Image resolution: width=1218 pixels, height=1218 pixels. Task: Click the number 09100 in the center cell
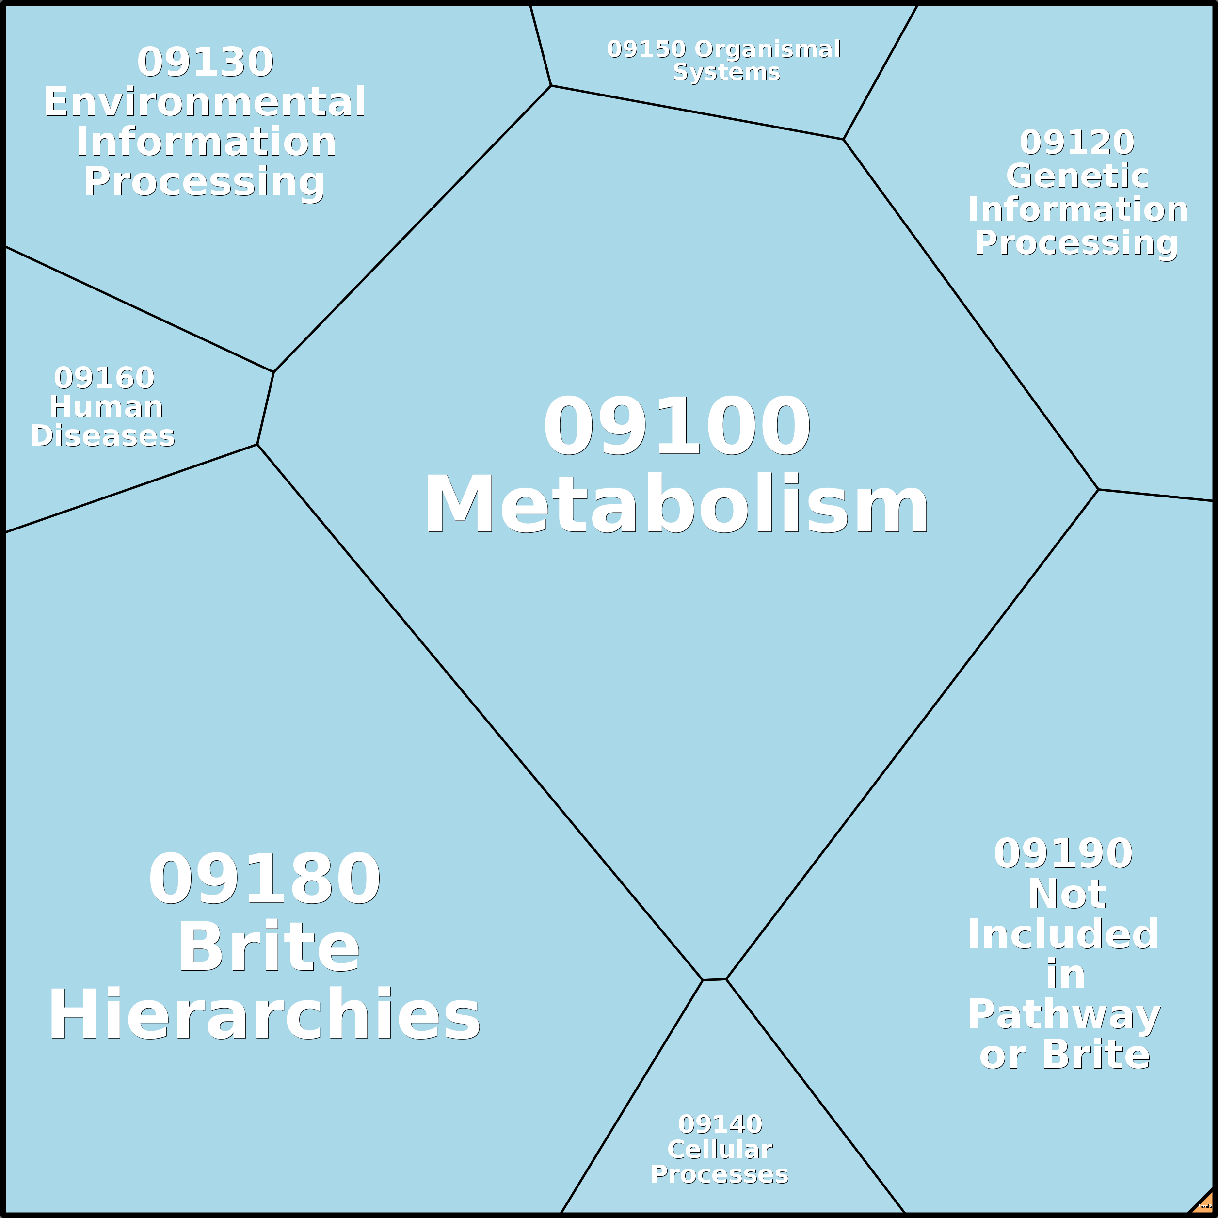[x=676, y=426]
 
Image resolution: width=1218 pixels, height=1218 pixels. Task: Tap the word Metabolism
[x=676, y=505]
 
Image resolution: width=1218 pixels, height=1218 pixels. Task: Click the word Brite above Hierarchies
[x=269, y=949]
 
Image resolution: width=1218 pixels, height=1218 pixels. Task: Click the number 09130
[x=205, y=63]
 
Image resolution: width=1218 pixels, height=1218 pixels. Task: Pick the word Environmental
[x=205, y=102]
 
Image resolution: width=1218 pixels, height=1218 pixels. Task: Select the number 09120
[x=1077, y=143]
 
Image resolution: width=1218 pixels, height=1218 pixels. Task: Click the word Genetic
[x=1077, y=176]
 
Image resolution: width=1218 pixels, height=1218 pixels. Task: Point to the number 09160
[x=104, y=378]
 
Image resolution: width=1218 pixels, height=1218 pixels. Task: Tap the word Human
[x=106, y=407]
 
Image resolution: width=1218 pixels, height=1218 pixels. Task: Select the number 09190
[x=1063, y=854]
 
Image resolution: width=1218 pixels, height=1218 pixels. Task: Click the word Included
[x=1063, y=934]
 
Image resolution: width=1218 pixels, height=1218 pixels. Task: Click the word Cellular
[x=720, y=1149]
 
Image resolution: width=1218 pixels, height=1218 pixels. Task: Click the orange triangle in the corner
[x=1205, y=1205]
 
